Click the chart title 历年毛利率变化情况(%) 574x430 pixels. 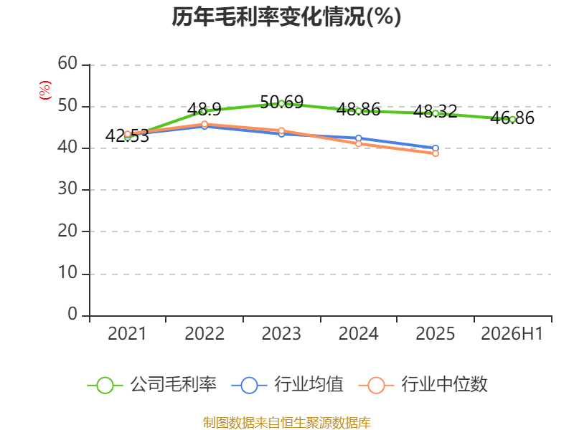click(x=286, y=16)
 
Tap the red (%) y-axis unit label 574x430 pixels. click(x=45, y=90)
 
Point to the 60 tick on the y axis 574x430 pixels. click(x=67, y=64)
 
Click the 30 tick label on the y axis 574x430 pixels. click(x=67, y=189)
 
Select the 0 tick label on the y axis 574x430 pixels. click(x=72, y=314)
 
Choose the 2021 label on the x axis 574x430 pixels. click(x=127, y=334)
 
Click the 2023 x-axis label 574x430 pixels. click(x=281, y=334)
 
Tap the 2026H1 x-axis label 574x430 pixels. click(x=512, y=334)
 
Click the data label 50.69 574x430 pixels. click(x=281, y=102)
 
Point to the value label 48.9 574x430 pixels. click(x=204, y=110)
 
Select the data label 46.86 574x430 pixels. click(x=512, y=118)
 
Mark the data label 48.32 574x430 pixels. click(x=436, y=112)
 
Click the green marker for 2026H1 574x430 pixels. click(x=512, y=120)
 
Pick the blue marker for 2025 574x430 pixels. click(x=436, y=148)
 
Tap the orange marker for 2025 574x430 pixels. click(x=436, y=153)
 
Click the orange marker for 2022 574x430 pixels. click(x=204, y=124)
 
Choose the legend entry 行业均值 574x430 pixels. click(x=288, y=385)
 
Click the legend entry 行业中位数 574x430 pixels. click(x=423, y=385)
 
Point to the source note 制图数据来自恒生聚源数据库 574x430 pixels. click(x=287, y=423)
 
